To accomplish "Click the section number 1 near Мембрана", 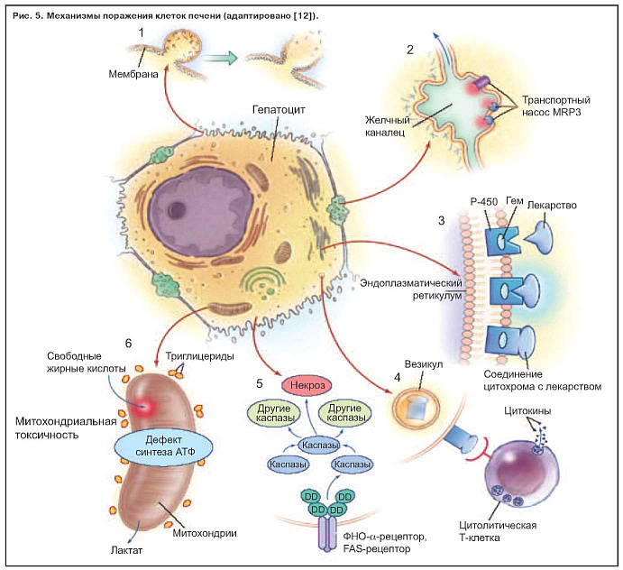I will pos(142,33).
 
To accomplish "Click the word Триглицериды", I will pos(201,356).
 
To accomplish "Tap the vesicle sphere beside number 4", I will pos(417,408).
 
